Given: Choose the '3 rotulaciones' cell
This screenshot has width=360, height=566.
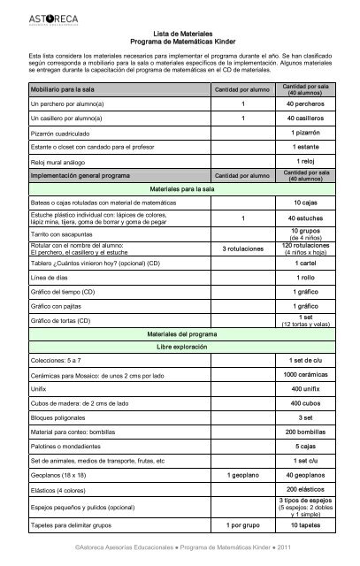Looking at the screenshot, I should coord(242,249).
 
